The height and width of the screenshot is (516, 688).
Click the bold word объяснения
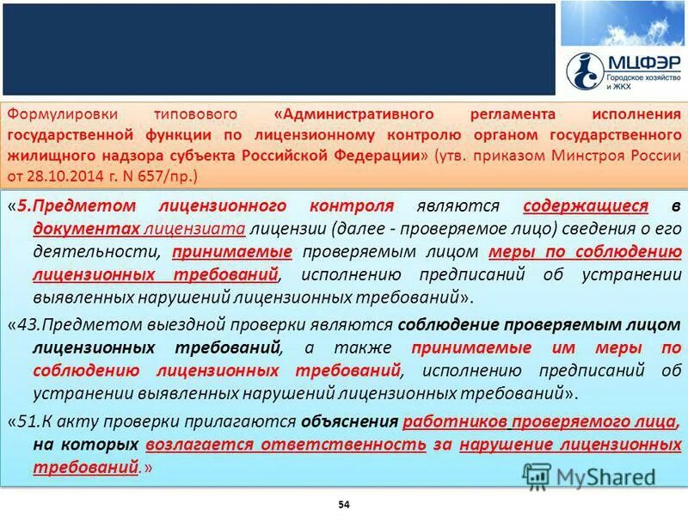[348, 423]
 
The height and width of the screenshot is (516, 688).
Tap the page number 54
[344, 502]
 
